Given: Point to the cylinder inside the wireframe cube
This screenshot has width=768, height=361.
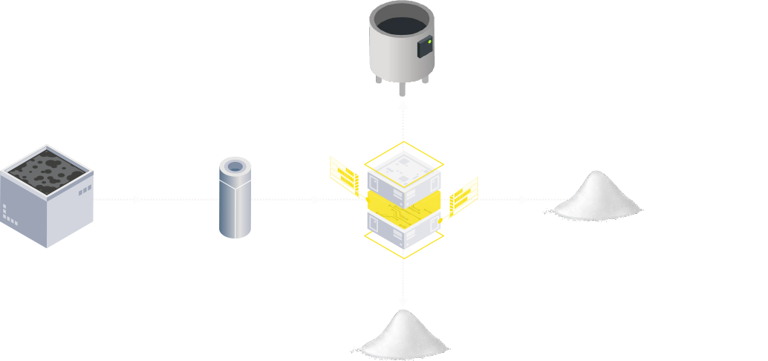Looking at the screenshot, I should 235,201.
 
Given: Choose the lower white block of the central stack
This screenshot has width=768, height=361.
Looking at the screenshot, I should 404,229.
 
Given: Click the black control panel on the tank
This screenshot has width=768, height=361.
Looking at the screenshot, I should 425,47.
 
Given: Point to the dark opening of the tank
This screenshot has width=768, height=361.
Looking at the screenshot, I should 401,22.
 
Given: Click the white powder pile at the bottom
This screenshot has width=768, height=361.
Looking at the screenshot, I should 403,336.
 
